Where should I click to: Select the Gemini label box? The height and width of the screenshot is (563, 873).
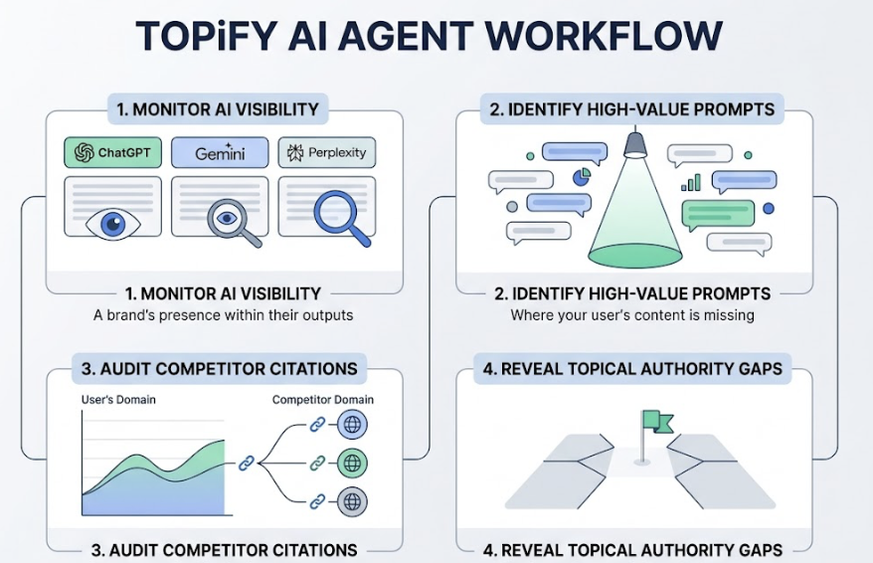click(x=219, y=152)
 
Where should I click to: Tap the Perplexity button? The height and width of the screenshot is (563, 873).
click(x=326, y=152)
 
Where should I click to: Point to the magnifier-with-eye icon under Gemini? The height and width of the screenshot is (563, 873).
click(x=231, y=220)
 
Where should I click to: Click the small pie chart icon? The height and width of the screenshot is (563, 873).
click(x=582, y=176)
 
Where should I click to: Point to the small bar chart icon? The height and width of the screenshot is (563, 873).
click(x=691, y=182)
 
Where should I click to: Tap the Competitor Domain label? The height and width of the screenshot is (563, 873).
click(x=323, y=399)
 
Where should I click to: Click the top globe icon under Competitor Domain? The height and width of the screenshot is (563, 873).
click(x=352, y=425)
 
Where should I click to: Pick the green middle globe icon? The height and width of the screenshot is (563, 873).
click(x=352, y=463)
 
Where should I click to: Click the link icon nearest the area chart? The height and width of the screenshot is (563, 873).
click(x=247, y=463)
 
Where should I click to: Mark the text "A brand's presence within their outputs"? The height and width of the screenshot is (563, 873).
click(x=224, y=315)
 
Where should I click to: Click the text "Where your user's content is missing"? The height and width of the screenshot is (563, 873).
click(x=632, y=315)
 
